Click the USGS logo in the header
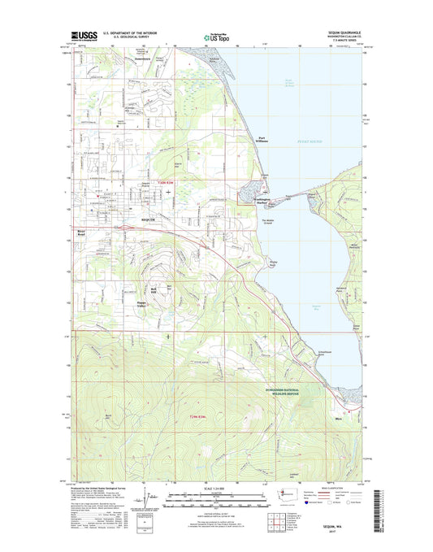pyautogui.click(x=68, y=36)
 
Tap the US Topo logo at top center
pyautogui.click(x=216, y=36)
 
